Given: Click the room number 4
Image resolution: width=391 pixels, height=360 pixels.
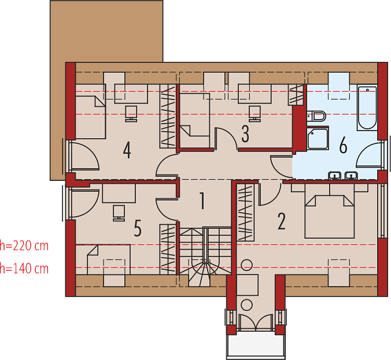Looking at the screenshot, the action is coord(127,150).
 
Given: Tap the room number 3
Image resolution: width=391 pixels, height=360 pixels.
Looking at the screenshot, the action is coord(245,134).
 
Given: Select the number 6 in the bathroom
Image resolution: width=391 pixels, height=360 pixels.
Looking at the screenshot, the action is coord(343,145).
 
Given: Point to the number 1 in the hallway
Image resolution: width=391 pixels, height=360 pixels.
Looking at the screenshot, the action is coord(202,201).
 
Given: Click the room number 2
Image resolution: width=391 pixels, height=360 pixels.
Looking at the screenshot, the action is coord(282,221).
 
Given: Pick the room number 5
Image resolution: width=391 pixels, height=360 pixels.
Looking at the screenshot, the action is coord(138,228).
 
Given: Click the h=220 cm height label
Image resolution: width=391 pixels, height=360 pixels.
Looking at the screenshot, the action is coord(24,246).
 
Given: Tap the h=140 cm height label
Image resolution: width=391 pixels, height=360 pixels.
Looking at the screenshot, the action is coord(24,269).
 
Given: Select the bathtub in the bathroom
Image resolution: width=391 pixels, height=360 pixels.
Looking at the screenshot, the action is coord(367,107).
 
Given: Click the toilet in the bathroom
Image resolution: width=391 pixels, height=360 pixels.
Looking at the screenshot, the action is coord(316,116).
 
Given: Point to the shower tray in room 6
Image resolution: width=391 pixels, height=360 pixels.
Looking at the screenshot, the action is coord(318,139).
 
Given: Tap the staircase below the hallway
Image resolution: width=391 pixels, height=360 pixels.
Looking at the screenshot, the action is coord(205,257).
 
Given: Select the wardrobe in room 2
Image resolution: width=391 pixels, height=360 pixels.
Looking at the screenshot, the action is coord(245,212).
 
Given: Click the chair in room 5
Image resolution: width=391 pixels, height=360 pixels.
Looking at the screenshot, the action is coord(119,213).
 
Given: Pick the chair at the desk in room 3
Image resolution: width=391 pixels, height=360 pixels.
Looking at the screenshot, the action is coord(255,114).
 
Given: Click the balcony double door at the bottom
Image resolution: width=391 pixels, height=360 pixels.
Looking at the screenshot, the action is coord(256,322).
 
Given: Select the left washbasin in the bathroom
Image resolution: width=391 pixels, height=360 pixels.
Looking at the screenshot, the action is coord(335,176).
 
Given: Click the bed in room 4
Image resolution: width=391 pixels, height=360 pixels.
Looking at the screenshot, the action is coord(90,112).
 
